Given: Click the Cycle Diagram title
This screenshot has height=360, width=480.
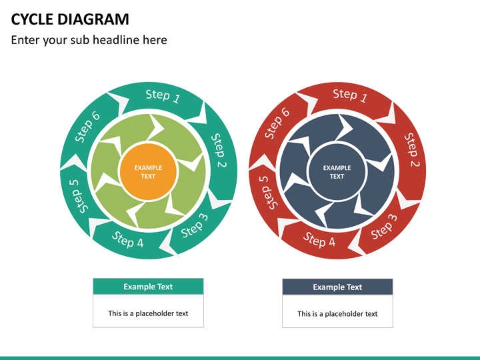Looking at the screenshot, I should (x=70, y=19).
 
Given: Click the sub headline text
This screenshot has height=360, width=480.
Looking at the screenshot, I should (x=89, y=40).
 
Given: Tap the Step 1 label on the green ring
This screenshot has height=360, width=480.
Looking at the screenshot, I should (x=163, y=96).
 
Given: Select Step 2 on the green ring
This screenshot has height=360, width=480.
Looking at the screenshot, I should (x=219, y=150).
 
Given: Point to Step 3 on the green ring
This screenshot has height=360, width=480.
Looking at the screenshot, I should (x=195, y=225).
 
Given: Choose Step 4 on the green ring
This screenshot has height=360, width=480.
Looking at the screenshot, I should (x=127, y=239).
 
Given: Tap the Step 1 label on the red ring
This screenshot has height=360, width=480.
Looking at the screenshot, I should (x=350, y=96).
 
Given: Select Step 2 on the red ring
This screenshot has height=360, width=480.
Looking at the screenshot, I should (x=411, y=150).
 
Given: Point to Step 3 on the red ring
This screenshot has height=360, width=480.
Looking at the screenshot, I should (x=383, y=225).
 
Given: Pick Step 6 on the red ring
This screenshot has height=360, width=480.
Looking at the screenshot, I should (x=277, y=124).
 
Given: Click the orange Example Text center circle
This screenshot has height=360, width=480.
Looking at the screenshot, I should (x=148, y=172).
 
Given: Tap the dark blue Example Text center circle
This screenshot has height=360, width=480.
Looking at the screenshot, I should (x=337, y=172).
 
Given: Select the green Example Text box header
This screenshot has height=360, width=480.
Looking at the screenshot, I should (x=148, y=287).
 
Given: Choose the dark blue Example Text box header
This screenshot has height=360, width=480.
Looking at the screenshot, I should (x=337, y=287).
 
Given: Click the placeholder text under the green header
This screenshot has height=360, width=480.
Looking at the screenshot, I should (x=148, y=313).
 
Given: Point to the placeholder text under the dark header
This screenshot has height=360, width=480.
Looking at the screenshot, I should (x=337, y=314).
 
